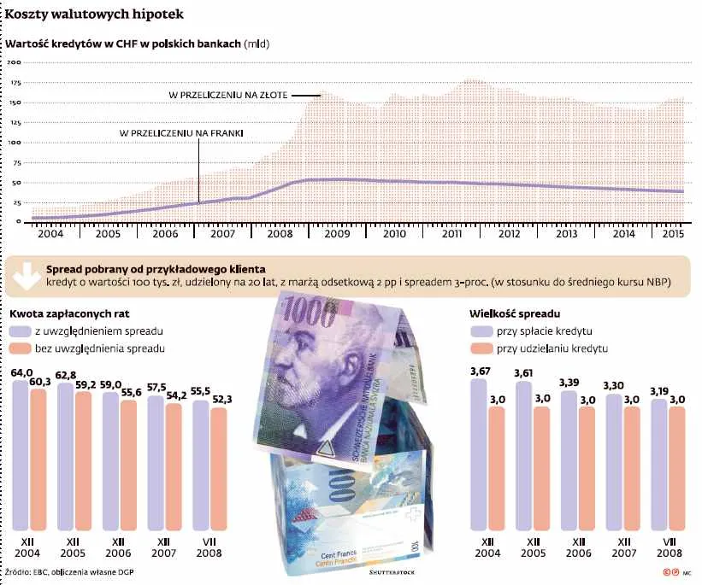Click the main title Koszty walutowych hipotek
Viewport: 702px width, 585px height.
(x=93, y=15)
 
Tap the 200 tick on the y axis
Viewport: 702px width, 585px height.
(x=14, y=63)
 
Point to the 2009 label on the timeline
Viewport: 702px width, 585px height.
(x=336, y=233)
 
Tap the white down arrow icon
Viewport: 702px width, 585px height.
(x=25, y=274)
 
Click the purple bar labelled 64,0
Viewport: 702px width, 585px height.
(x=21, y=453)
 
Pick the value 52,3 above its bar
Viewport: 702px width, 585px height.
(x=221, y=399)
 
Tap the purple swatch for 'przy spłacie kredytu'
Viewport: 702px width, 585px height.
(x=481, y=331)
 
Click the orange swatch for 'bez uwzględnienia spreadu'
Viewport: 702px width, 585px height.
(x=21, y=348)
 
